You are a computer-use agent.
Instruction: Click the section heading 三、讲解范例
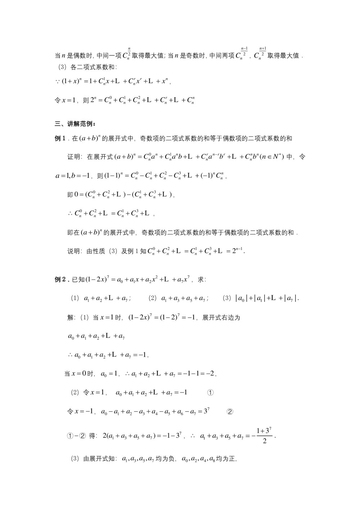(x=75, y=124)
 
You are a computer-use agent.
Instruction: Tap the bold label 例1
(x=60, y=138)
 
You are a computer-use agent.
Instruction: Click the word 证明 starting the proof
(x=74, y=157)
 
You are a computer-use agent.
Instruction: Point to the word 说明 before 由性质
(x=74, y=251)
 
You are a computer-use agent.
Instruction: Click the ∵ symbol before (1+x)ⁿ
(x=57, y=81)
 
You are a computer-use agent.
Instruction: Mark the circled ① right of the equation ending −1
(x=211, y=393)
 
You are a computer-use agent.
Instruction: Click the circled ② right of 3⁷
(x=230, y=412)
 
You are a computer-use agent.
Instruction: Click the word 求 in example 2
(x=201, y=279)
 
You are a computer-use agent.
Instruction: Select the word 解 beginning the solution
(x=71, y=317)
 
